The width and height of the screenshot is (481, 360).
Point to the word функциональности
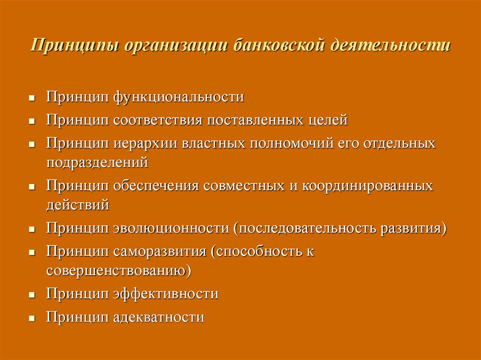[x=178, y=98]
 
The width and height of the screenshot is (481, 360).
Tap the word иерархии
[x=146, y=143]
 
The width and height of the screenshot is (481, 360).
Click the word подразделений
[x=97, y=162]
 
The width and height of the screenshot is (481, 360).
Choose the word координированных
[x=367, y=185]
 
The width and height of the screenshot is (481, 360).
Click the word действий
[x=78, y=205]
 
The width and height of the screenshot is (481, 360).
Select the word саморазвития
[x=160, y=251]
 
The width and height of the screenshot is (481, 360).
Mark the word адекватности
[x=159, y=317]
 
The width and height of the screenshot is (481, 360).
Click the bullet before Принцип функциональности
[x=32, y=99]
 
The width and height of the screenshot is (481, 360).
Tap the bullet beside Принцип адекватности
[x=32, y=318]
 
